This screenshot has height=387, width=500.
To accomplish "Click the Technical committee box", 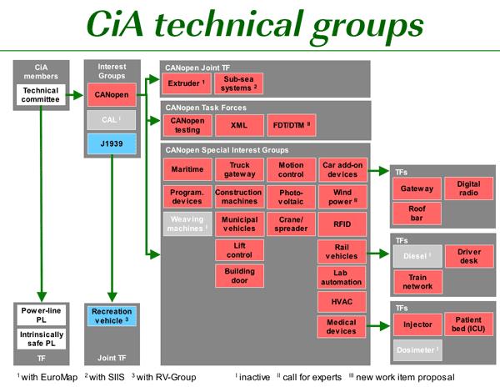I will coord(40,94).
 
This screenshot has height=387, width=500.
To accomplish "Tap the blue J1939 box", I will coord(112,143).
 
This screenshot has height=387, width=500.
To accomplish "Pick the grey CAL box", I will coord(112,118).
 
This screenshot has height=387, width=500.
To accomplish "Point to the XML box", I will coord(238,125).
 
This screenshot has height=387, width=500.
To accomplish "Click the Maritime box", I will coord(186,169).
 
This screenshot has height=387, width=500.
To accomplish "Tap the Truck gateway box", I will coord(238,169).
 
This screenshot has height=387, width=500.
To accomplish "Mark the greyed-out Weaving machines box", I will coord(186,224).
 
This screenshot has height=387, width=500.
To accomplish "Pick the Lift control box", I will coord(238,249).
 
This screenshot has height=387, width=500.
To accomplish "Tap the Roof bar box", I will coord(417,214).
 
